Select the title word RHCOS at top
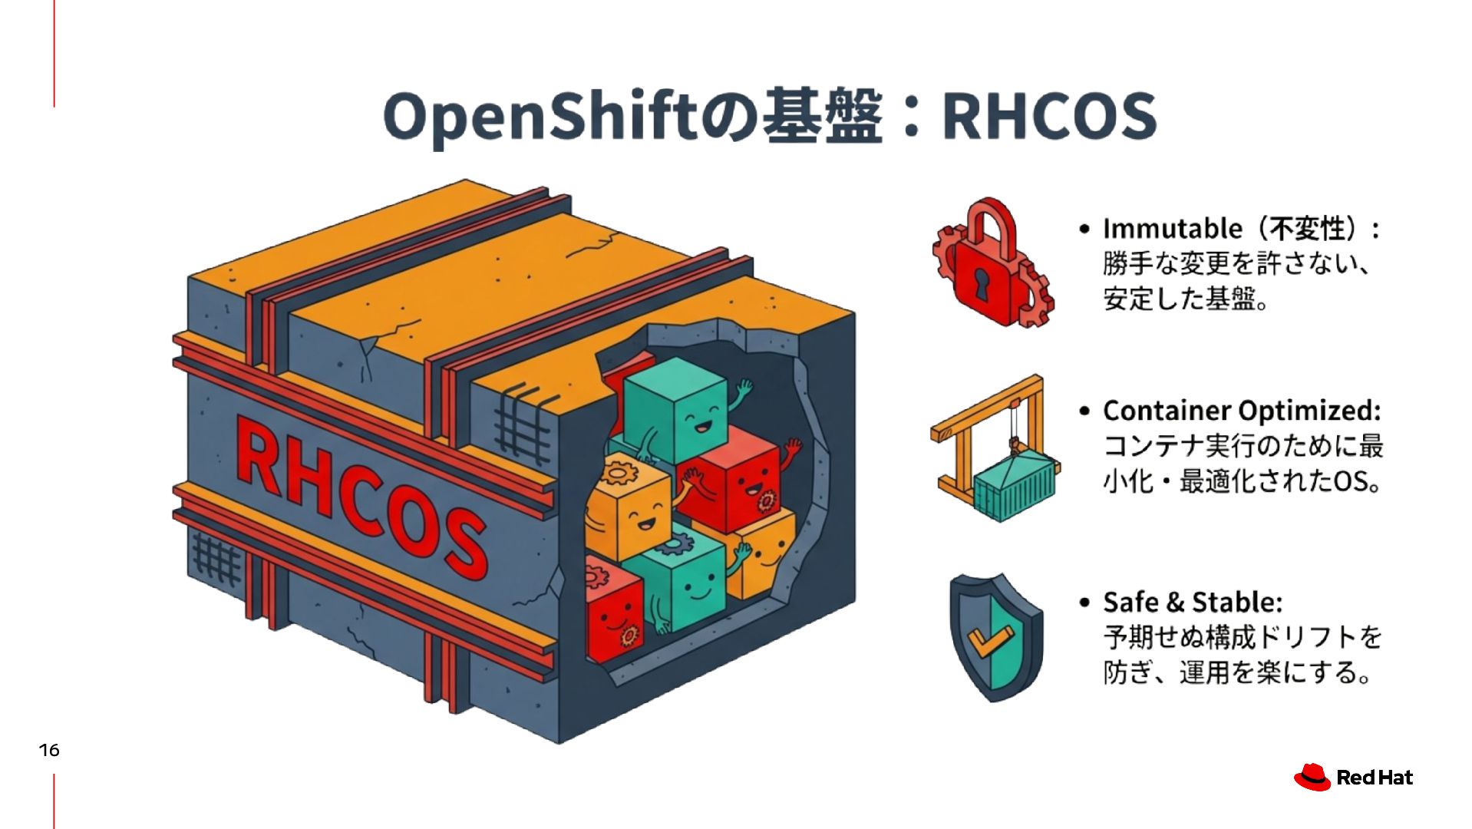pyautogui.click(x=1048, y=117)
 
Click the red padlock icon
pyautogui.click(x=990, y=265)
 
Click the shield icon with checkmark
pyautogui.click(x=995, y=637)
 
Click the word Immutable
pyautogui.click(x=1172, y=229)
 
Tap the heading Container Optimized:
pyautogui.click(x=1241, y=411)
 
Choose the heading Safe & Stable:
pyautogui.click(x=1192, y=603)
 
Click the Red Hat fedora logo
pyautogui.click(x=1312, y=777)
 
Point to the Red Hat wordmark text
pyautogui.click(x=1374, y=778)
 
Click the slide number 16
pyautogui.click(x=49, y=750)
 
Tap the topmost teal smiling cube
pyautogui.click(x=675, y=411)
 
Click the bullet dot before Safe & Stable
pyautogui.click(x=1084, y=603)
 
